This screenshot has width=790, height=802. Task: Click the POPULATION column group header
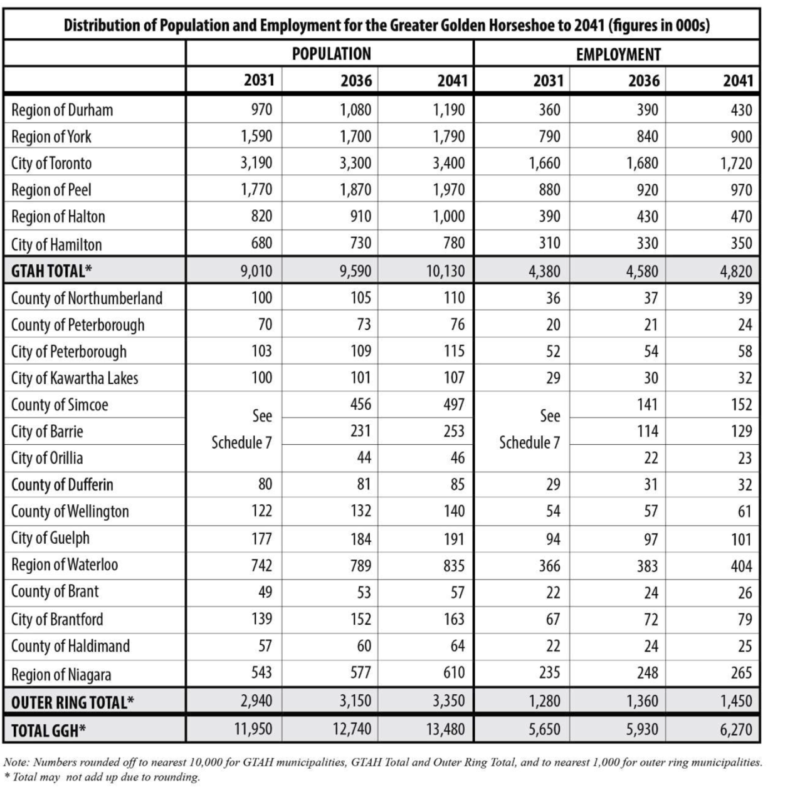pos(331,54)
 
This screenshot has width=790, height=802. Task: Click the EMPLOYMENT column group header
pos(618,55)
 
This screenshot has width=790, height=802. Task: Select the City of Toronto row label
pos(51,164)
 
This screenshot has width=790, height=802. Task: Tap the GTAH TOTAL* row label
pos(51,271)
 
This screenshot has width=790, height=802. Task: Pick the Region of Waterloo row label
pos(65,565)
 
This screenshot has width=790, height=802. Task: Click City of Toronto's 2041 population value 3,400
pos(448,164)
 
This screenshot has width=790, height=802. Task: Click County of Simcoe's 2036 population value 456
pos(361,405)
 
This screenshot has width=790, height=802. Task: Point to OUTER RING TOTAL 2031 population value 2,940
pos(256,700)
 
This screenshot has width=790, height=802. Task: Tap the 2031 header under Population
pos(259,81)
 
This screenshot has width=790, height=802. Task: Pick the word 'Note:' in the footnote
pos(17,763)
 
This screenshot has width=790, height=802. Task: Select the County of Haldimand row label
pos(70,646)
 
